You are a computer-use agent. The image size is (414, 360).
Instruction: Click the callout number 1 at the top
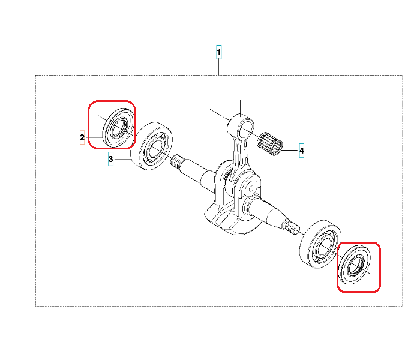[218, 52]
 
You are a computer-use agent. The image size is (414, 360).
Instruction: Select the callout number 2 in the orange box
[82, 137]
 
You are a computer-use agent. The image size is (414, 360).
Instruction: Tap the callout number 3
[110, 159]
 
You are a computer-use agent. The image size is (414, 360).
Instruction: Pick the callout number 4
[301, 151]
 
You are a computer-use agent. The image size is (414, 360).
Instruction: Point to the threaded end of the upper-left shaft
[176, 162]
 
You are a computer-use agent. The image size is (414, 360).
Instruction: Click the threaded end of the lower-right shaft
[291, 227]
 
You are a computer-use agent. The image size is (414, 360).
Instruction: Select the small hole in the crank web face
[251, 188]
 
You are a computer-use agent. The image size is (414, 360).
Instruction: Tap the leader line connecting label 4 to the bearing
[290, 150]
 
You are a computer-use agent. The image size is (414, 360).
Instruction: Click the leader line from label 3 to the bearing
[122, 159]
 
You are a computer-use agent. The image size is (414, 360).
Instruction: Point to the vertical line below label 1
[218, 67]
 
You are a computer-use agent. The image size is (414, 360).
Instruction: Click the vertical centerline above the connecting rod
[240, 108]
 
